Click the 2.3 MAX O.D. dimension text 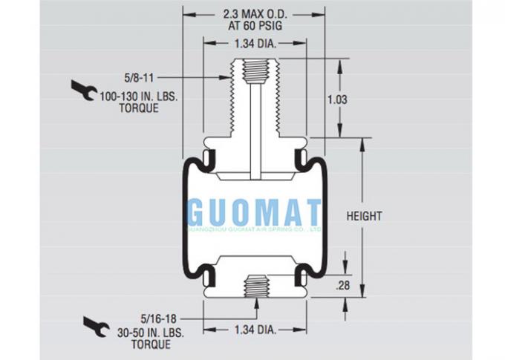tap(255, 13)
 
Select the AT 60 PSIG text tap(255, 24)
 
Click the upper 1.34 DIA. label tap(255, 45)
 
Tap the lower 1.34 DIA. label tap(255, 330)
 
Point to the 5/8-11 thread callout tap(137, 76)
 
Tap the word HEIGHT tap(364, 216)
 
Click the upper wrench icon tap(83, 90)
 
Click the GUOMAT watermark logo tap(254, 213)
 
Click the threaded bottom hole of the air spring tap(255, 283)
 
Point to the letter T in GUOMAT tap(312, 213)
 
